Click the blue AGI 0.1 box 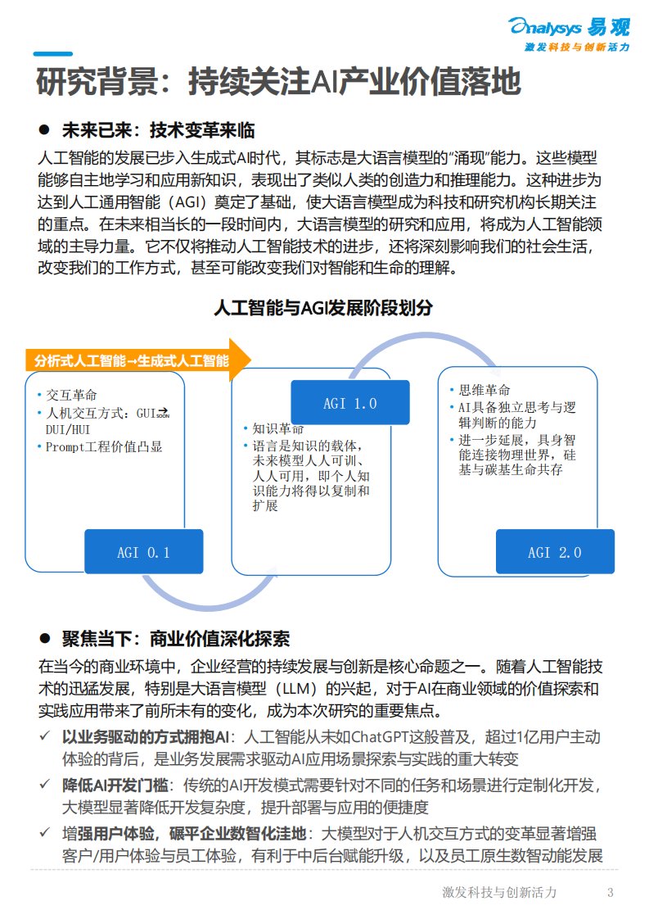[x=143, y=552]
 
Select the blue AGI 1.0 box [x=349, y=403]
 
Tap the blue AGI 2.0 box [x=554, y=552]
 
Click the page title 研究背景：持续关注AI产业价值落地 [x=278, y=83]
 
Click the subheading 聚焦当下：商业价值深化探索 [x=175, y=639]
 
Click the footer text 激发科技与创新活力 [x=499, y=892]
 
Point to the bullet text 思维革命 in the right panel [x=484, y=389]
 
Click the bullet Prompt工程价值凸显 [x=104, y=446]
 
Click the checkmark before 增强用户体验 [x=46, y=834]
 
